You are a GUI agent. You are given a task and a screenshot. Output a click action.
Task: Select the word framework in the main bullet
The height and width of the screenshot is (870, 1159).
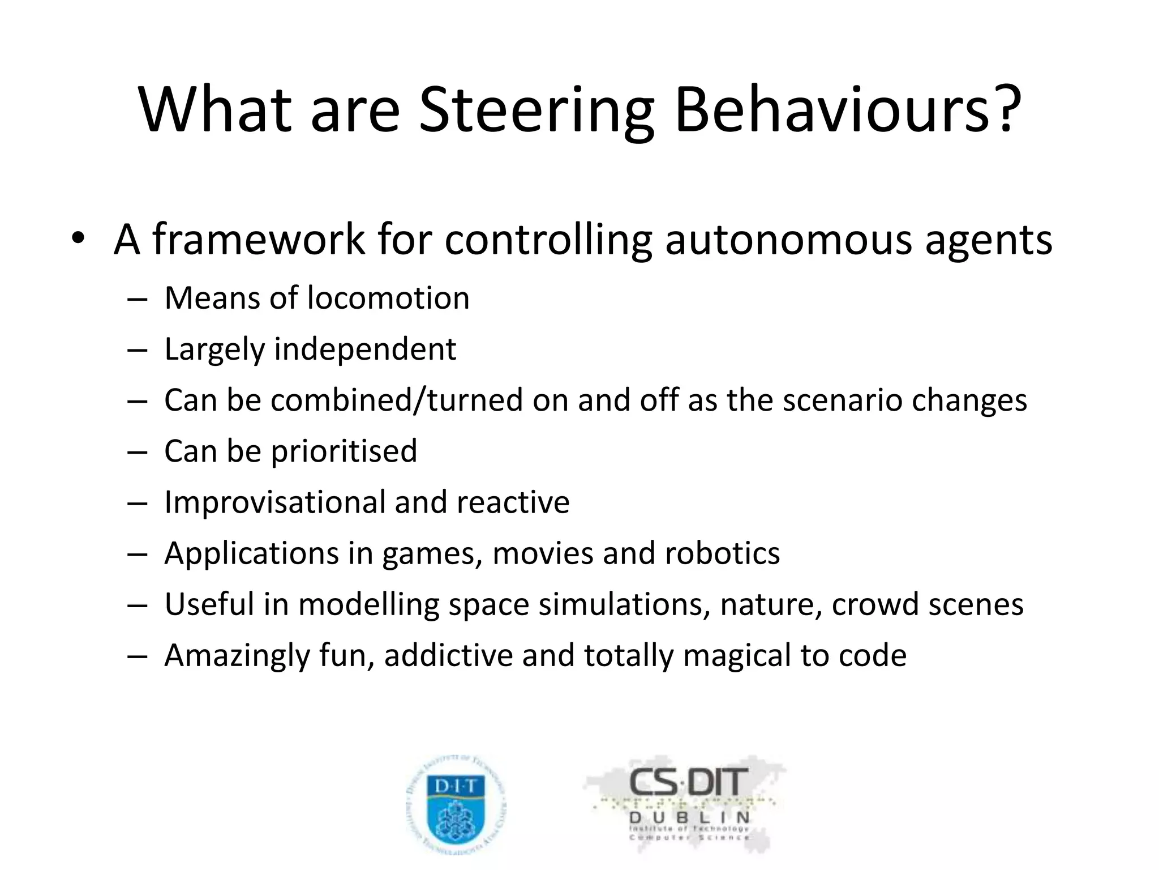[x=259, y=239]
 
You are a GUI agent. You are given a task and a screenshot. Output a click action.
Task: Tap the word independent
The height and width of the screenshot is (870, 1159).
[x=365, y=349]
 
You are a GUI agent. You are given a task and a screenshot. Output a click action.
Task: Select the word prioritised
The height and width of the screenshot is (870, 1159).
[x=344, y=451]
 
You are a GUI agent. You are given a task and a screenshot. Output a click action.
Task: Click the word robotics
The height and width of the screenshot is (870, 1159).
[x=722, y=553]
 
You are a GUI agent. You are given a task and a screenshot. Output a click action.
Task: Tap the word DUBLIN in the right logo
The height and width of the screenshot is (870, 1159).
[x=689, y=817]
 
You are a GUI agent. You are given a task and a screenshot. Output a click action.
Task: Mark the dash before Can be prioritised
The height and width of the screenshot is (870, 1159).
[x=137, y=452]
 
